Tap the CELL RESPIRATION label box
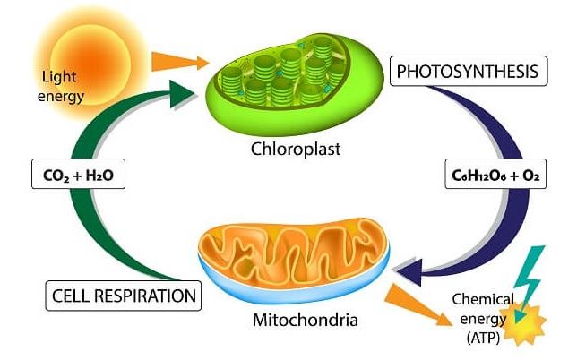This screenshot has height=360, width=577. click(123, 295)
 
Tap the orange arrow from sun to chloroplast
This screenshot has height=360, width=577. click(180, 62)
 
